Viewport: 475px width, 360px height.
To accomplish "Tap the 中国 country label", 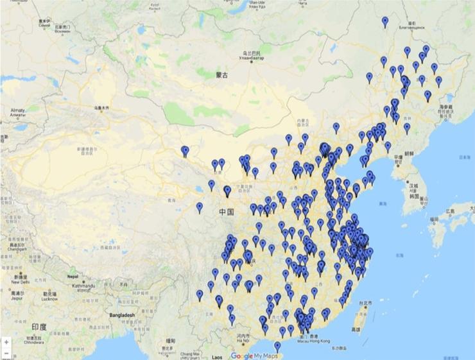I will tap(225, 212).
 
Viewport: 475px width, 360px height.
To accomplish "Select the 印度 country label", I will tap(39, 327).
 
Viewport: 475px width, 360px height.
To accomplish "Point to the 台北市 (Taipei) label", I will tap(365, 303).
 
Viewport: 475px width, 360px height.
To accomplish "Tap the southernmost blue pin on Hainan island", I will tap(277, 347).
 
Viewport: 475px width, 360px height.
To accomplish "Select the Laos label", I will tap(217, 356).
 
